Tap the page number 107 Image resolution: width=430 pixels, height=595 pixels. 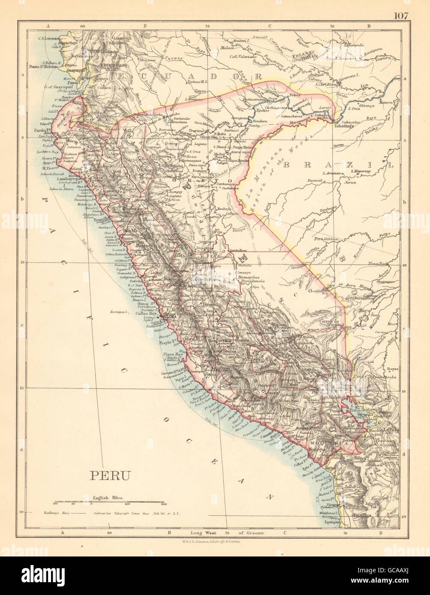pyautogui.click(x=400, y=16)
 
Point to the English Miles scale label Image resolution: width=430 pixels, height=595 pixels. pyautogui.click(x=108, y=498)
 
